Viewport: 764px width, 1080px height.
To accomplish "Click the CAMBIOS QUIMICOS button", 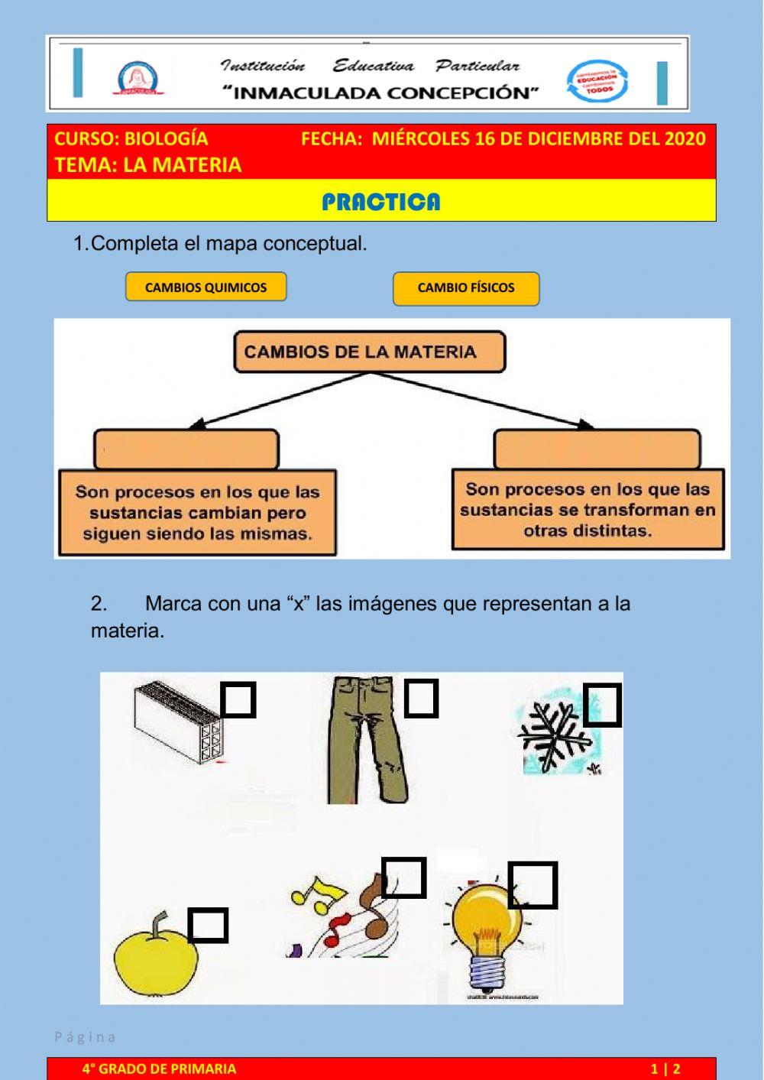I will tap(206, 287).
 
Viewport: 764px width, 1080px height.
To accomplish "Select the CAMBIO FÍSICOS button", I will tap(466, 288).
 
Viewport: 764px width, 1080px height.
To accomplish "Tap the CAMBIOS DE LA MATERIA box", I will tap(369, 352).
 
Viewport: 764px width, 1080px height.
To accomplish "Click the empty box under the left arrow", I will tap(186, 449).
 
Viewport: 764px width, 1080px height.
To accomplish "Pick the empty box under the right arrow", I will tap(597, 449).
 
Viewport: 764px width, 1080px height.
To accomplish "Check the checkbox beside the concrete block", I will tap(238, 699).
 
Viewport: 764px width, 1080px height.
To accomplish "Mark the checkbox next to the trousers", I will tap(421, 698).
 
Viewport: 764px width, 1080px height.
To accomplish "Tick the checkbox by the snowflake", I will tap(602, 705).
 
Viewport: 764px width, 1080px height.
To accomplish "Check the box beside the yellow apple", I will tap(208, 925).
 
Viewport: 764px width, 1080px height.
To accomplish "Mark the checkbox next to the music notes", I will tap(403, 877).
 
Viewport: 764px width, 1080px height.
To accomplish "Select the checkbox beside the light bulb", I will tap(533, 885).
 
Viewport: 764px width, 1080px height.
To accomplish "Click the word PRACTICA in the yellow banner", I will tap(380, 202).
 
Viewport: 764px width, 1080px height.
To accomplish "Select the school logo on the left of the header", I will tap(138, 78).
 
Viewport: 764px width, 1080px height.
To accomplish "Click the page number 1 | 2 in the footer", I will tap(665, 1069).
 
